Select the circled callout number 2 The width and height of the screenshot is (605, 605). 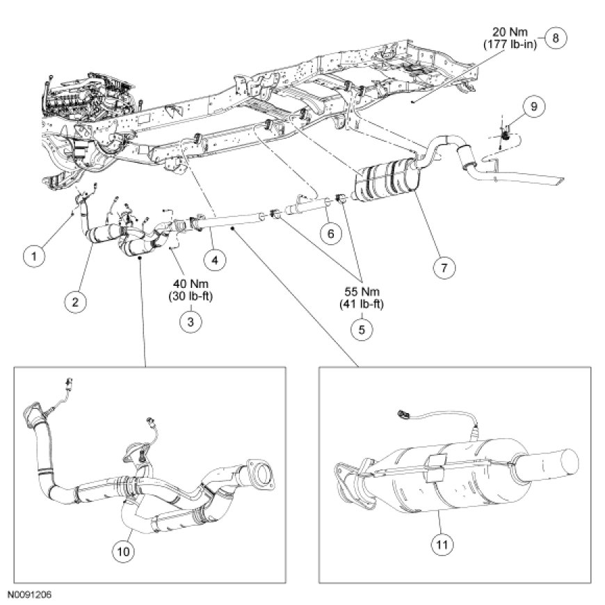click(76, 301)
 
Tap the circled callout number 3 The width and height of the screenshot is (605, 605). click(188, 322)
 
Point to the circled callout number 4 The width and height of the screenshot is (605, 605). click(215, 259)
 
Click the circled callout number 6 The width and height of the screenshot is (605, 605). click(330, 234)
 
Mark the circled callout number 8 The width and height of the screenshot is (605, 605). click(555, 38)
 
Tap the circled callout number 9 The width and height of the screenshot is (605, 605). click(533, 107)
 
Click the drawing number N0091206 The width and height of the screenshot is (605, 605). click(30, 596)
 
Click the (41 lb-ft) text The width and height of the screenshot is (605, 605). click(360, 303)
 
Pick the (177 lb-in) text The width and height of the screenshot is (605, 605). click(513, 45)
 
